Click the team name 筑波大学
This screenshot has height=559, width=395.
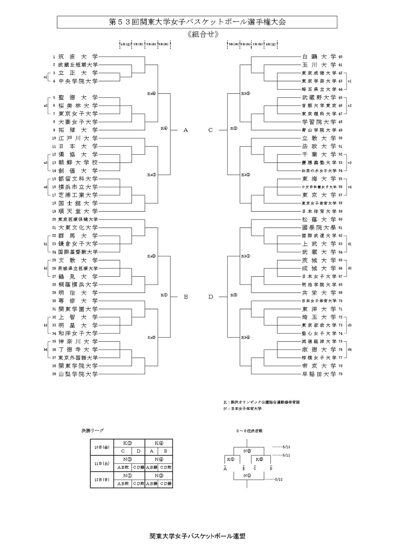click(x=78, y=57)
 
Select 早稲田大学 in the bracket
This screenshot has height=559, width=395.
click(x=319, y=374)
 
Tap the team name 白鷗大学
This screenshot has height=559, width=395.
click(x=319, y=57)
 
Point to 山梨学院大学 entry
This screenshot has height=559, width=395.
click(x=78, y=374)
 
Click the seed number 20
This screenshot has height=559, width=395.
click(x=54, y=219)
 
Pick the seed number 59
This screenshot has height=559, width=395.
click(x=340, y=211)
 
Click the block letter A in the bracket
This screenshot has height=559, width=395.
click(x=186, y=130)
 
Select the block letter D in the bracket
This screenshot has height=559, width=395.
click(x=211, y=297)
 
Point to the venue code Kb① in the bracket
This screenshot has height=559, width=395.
click(x=246, y=256)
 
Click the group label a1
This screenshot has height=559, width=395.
click(x=46, y=77)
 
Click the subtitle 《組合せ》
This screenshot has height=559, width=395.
click(x=203, y=34)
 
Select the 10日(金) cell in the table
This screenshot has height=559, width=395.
click(x=102, y=447)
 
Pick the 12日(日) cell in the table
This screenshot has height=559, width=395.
click(x=102, y=480)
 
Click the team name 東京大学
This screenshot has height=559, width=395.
click(x=319, y=195)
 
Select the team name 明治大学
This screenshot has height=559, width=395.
click(x=78, y=293)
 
